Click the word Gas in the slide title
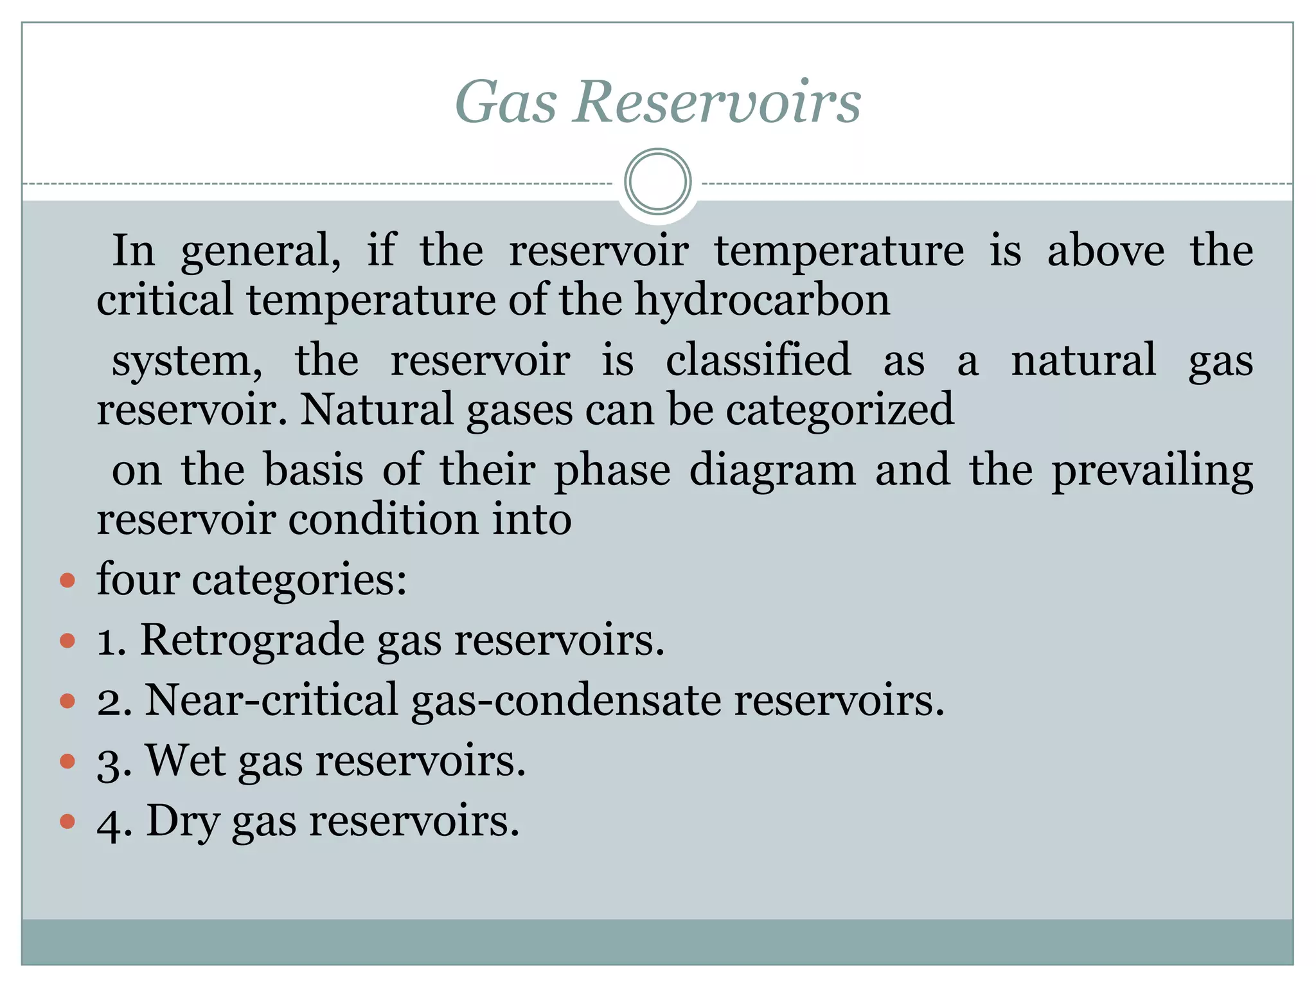click(506, 102)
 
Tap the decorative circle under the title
click(657, 182)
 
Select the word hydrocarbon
click(762, 301)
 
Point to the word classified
click(758, 360)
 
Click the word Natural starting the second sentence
click(377, 409)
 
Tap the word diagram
click(772, 470)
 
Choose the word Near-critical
click(271, 700)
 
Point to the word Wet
click(185, 760)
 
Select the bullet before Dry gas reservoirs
click(67, 822)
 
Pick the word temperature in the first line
click(839, 251)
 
